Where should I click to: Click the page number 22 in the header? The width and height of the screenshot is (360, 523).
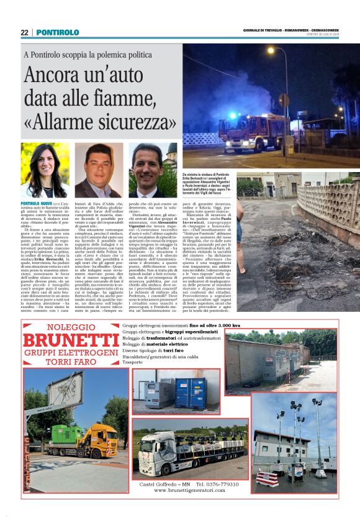pos(24,32)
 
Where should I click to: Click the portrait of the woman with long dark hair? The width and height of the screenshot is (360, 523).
pos(45,170)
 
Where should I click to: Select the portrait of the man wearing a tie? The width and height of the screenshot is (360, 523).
pos(153,170)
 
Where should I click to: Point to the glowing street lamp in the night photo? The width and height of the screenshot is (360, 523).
pos(269,48)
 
